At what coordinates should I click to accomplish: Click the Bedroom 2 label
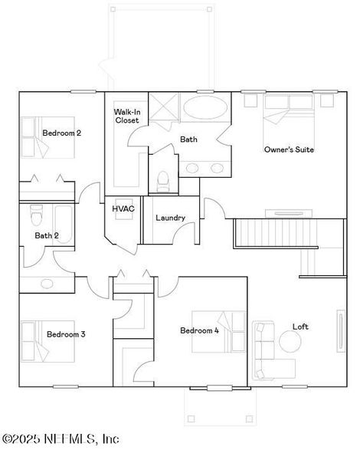click(61, 133)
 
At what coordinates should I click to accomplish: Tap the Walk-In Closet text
click(126, 116)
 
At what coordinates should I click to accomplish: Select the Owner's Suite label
click(289, 149)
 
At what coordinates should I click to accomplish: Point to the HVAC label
click(123, 208)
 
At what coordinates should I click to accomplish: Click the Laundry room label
click(170, 218)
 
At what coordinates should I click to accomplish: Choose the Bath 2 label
click(47, 235)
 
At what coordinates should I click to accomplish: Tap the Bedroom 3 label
click(66, 334)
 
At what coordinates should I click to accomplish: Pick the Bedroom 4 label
click(199, 330)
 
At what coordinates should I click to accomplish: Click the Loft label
click(300, 327)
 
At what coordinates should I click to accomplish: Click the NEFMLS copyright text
click(61, 439)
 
